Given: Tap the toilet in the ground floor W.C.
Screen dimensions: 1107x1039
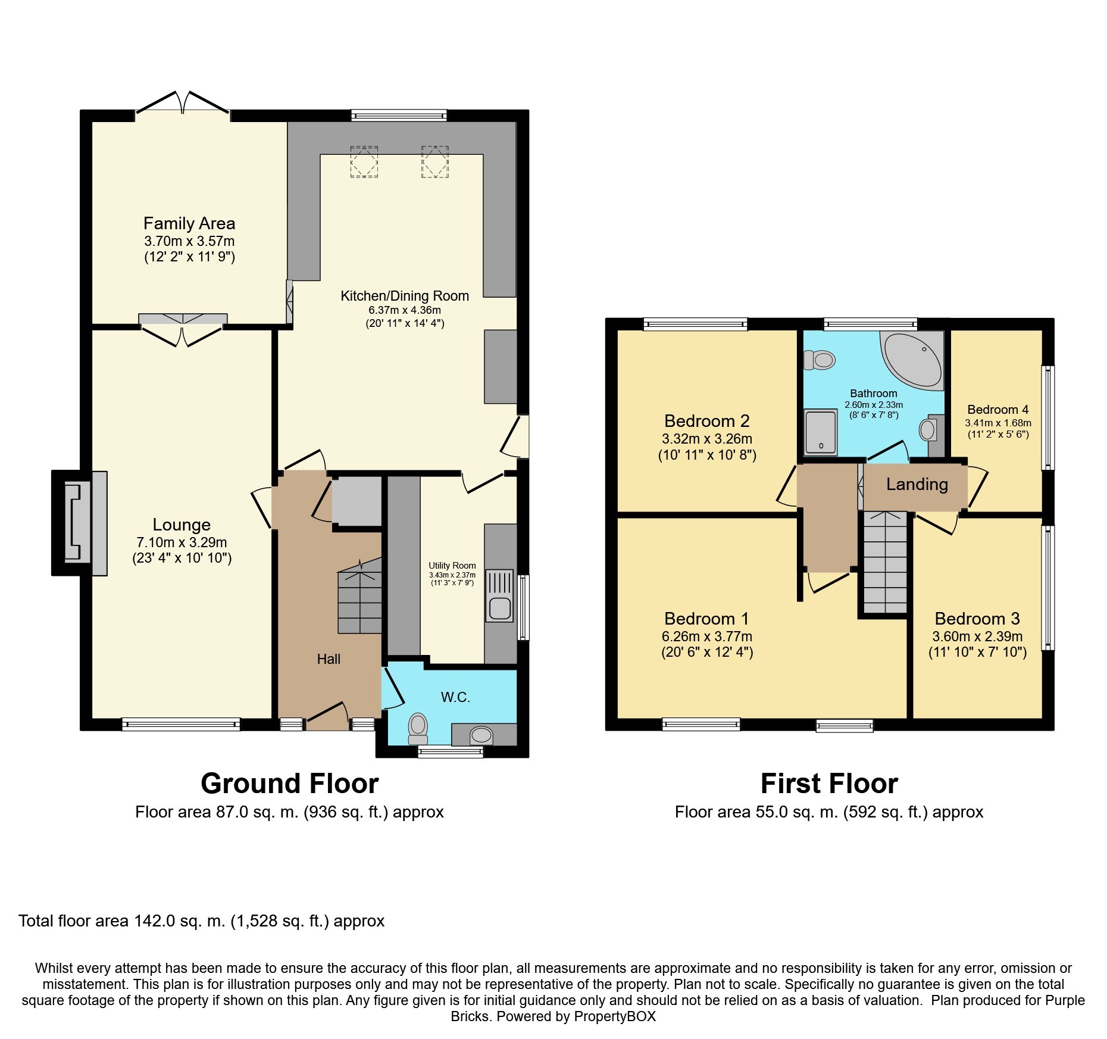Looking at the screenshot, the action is [x=418, y=728].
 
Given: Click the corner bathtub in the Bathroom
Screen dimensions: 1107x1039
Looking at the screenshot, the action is [x=912, y=360].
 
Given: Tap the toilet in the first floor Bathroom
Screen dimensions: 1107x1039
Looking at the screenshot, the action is [x=819, y=360].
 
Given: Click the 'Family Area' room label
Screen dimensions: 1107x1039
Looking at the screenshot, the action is [x=189, y=223].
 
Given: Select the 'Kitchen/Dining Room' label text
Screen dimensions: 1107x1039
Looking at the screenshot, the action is [x=405, y=296].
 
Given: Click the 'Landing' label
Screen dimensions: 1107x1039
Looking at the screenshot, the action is [x=917, y=484].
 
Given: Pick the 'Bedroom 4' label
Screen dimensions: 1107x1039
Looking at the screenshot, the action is [x=998, y=410].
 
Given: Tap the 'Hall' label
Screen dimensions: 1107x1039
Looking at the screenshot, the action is [x=329, y=659].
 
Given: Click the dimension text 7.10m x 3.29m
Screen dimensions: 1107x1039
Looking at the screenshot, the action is [x=182, y=542].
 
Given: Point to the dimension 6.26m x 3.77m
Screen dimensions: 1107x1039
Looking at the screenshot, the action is [x=707, y=636].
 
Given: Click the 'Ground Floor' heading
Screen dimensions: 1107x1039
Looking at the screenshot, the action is [x=290, y=784].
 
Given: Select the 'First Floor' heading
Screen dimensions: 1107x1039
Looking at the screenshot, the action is [x=829, y=784].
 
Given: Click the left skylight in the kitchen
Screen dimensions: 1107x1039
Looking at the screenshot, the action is [x=364, y=161].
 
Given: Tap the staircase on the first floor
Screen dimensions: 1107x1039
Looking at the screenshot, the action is [x=885, y=563].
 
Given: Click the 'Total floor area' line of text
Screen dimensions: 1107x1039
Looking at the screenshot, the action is [x=202, y=921].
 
